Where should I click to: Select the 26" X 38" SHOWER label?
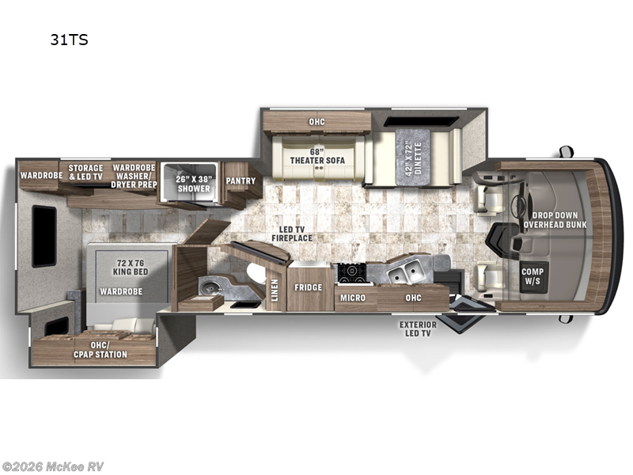coord(194,184)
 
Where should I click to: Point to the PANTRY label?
coord(241,180)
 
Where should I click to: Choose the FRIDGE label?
coord(308,288)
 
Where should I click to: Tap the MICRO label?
coord(352,298)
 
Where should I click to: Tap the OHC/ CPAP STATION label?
coord(100,349)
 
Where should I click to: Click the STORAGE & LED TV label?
coord(85,173)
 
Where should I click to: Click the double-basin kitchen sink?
coord(405,273)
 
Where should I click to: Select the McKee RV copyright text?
coord(52,467)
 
